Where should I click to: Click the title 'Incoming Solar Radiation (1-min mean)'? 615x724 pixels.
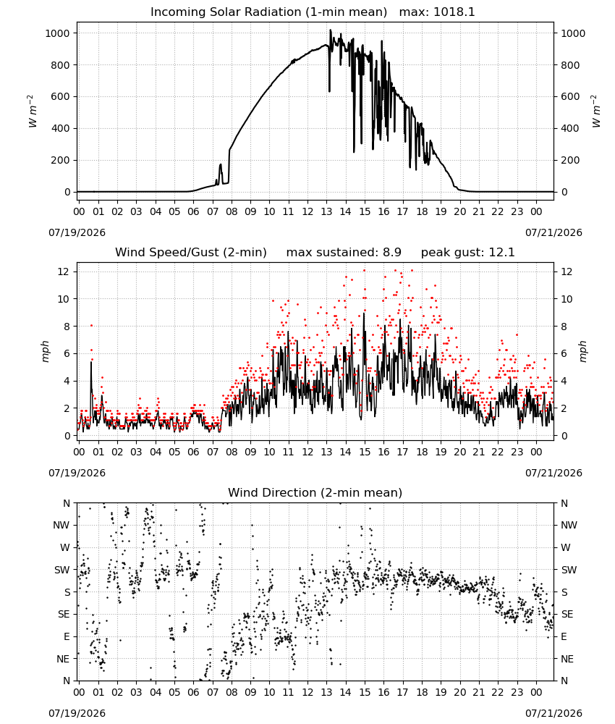[268, 12]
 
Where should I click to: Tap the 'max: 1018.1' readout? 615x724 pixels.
[437, 12]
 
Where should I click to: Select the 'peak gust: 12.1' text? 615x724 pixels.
[467, 253]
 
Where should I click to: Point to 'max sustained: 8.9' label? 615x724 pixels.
[344, 253]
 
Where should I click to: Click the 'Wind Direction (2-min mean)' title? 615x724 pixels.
[315, 492]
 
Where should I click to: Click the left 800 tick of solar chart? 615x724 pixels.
[61, 65]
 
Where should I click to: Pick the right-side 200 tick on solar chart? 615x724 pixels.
[570, 160]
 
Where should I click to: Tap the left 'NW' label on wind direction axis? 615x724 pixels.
[61, 526]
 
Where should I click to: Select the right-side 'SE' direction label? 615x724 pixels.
[567, 615]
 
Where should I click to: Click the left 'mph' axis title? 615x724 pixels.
[45, 351]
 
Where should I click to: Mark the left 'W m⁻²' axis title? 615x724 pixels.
[32, 111]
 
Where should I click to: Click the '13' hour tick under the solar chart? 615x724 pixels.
[326, 211]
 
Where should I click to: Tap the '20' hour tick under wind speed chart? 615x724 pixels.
[459, 452]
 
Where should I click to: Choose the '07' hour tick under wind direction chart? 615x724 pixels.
[212, 692]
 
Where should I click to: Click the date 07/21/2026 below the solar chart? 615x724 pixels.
[553, 232]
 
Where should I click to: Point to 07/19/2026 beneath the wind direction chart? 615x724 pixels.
[77, 713]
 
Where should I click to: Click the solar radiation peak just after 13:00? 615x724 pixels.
[331, 30]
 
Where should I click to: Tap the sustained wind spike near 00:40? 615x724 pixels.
[91, 363]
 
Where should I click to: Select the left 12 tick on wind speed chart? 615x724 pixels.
[64, 272]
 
